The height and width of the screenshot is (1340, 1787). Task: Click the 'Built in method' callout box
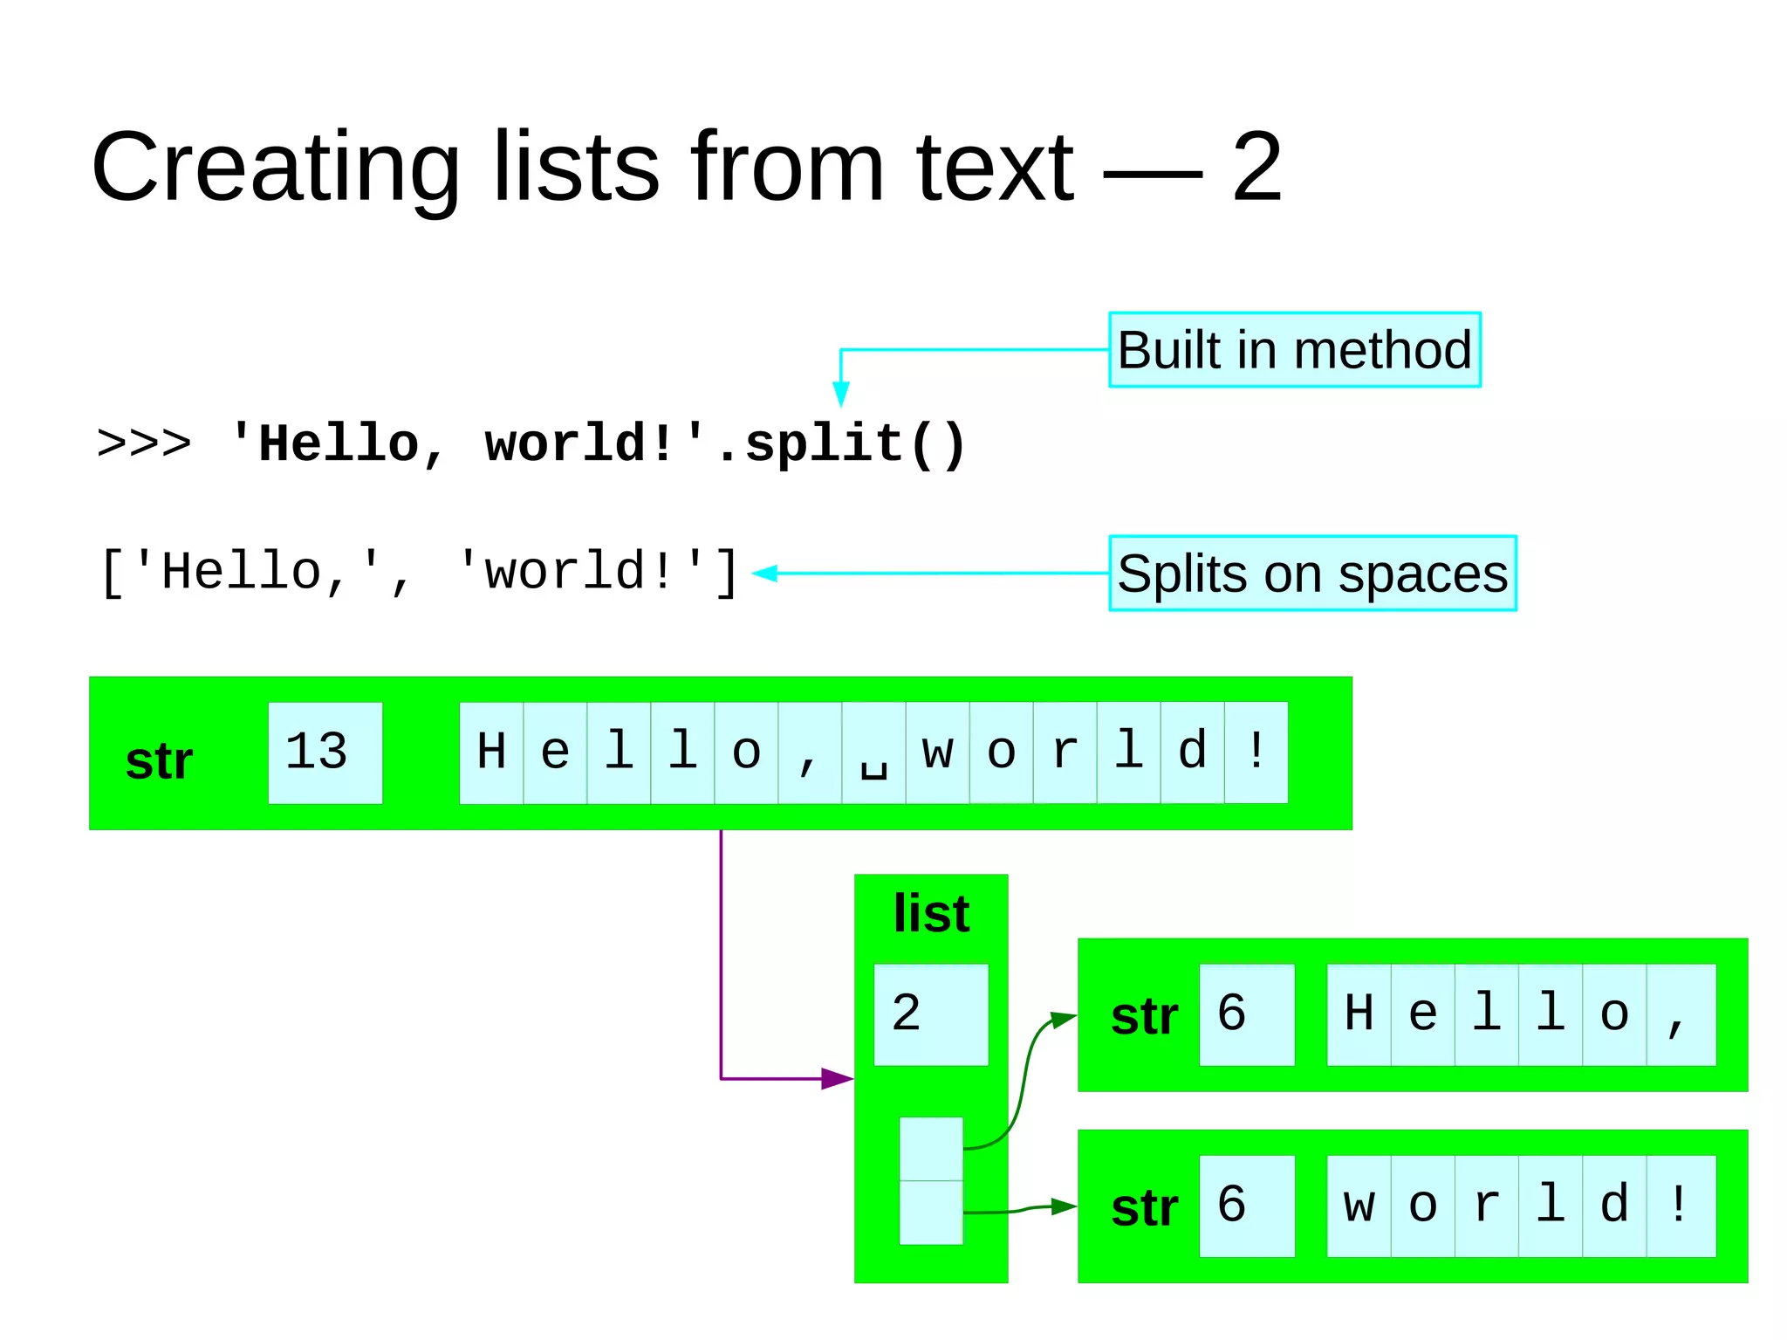point(1294,350)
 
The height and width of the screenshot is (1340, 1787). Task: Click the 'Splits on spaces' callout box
point(1312,574)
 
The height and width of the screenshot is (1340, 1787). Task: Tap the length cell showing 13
point(325,752)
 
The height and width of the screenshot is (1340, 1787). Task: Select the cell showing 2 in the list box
point(930,1014)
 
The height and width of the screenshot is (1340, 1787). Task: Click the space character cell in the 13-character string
point(873,752)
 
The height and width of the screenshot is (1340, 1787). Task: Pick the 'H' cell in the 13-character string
point(491,752)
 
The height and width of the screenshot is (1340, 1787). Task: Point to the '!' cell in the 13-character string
point(1256,752)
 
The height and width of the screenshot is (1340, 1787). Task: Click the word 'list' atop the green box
point(931,914)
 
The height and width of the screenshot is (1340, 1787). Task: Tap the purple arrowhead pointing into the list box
point(836,1079)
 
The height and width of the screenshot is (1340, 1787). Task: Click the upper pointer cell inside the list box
point(931,1149)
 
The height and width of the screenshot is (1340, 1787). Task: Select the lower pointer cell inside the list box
point(931,1213)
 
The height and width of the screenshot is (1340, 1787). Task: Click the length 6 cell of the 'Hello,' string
point(1246,1014)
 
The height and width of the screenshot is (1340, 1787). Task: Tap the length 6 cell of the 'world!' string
point(1246,1206)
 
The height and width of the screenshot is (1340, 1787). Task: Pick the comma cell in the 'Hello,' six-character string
point(1680,1014)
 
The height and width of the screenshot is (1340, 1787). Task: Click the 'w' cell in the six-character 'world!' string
point(1359,1206)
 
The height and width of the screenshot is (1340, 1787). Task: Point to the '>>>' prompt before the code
point(144,443)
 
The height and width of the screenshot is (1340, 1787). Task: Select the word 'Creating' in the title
point(276,168)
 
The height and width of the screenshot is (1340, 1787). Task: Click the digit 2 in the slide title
point(1256,168)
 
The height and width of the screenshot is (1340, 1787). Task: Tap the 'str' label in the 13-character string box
point(159,761)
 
